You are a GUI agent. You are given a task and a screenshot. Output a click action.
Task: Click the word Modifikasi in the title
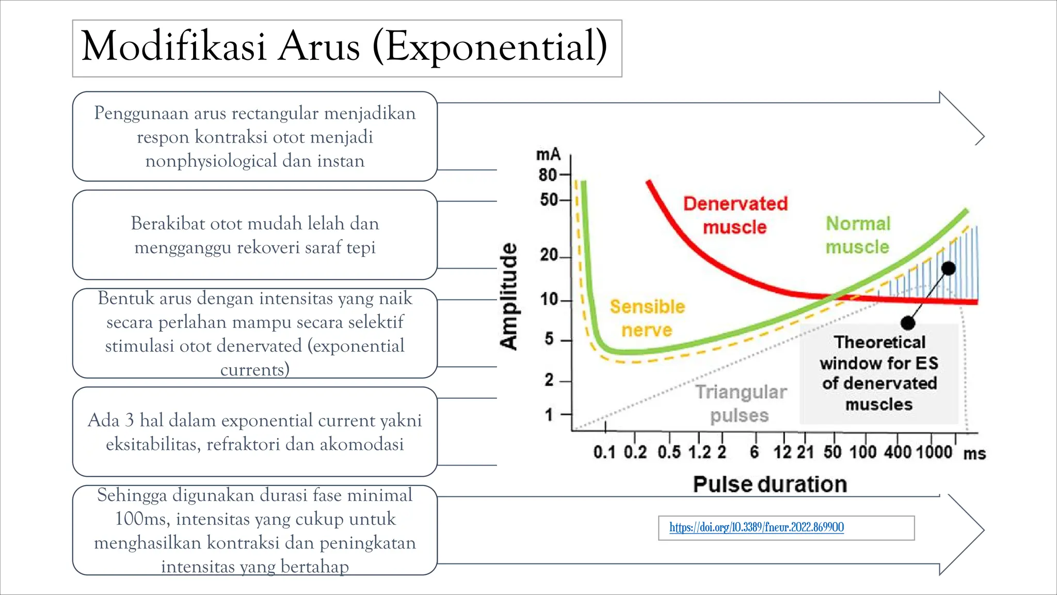pyautogui.click(x=174, y=46)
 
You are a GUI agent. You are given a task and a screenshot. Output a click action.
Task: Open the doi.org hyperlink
pyautogui.click(x=756, y=527)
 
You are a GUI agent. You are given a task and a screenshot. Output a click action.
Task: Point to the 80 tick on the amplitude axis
pyautogui.click(x=548, y=175)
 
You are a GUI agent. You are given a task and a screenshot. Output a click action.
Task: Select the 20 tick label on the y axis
pyautogui.click(x=549, y=255)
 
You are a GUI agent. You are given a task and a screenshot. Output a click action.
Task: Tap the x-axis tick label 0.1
pyautogui.click(x=604, y=452)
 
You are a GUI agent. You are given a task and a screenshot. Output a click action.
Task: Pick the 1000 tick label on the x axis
pyautogui.click(x=934, y=452)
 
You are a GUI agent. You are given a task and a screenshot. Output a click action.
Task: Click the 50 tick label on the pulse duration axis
pyautogui.click(x=832, y=452)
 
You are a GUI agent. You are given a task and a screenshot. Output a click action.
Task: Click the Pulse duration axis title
pyautogui.click(x=770, y=484)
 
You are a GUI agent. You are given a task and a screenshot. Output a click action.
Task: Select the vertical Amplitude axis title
pyautogui.click(x=509, y=296)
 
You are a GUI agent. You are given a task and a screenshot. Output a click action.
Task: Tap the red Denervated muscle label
pyautogui.click(x=735, y=215)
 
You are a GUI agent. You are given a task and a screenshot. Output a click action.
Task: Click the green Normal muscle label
pyautogui.click(x=858, y=235)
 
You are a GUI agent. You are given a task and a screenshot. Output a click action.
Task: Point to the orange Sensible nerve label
pyautogui.click(x=647, y=318)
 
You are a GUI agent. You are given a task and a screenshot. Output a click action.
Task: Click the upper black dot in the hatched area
pyautogui.click(x=948, y=268)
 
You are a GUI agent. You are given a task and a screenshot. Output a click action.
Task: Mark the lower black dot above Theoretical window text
pyautogui.click(x=908, y=323)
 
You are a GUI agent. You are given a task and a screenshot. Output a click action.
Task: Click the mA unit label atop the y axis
pyautogui.click(x=548, y=154)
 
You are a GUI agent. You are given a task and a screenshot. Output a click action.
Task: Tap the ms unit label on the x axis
pyautogui.click(x=974, y=453)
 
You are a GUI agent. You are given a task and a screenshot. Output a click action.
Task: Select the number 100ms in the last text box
pyautogui.click(x=140, y=519)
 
